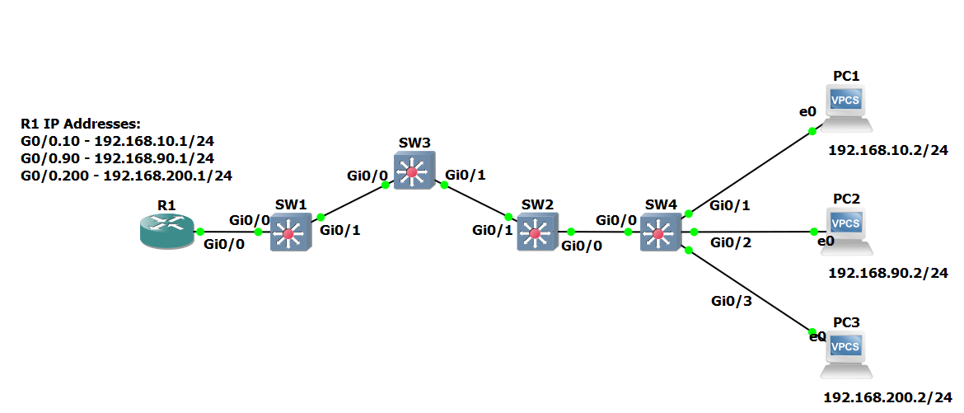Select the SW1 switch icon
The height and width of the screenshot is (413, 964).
[x=288, y=233]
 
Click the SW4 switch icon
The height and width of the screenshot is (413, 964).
[x=658, y=233]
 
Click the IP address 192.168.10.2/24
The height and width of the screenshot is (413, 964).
[x=887, y=151]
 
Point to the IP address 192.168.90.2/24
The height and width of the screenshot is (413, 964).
[x=887, y=273]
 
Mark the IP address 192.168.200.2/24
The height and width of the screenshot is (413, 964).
[x=887, y=397]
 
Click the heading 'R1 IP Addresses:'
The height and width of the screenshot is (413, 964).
[x=81, y=124]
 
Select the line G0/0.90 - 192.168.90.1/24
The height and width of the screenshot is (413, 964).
[x=118, y=157]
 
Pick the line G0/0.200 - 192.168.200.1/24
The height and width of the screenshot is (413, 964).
[x=126, y=175]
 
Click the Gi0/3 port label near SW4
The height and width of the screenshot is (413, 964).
[x=731, y=302]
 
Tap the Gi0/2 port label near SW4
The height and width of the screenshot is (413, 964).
[x=731, y=242]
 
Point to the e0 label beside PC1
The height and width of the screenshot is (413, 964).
[x=807, y=110]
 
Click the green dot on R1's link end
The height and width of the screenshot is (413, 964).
[x=200, y=232]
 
